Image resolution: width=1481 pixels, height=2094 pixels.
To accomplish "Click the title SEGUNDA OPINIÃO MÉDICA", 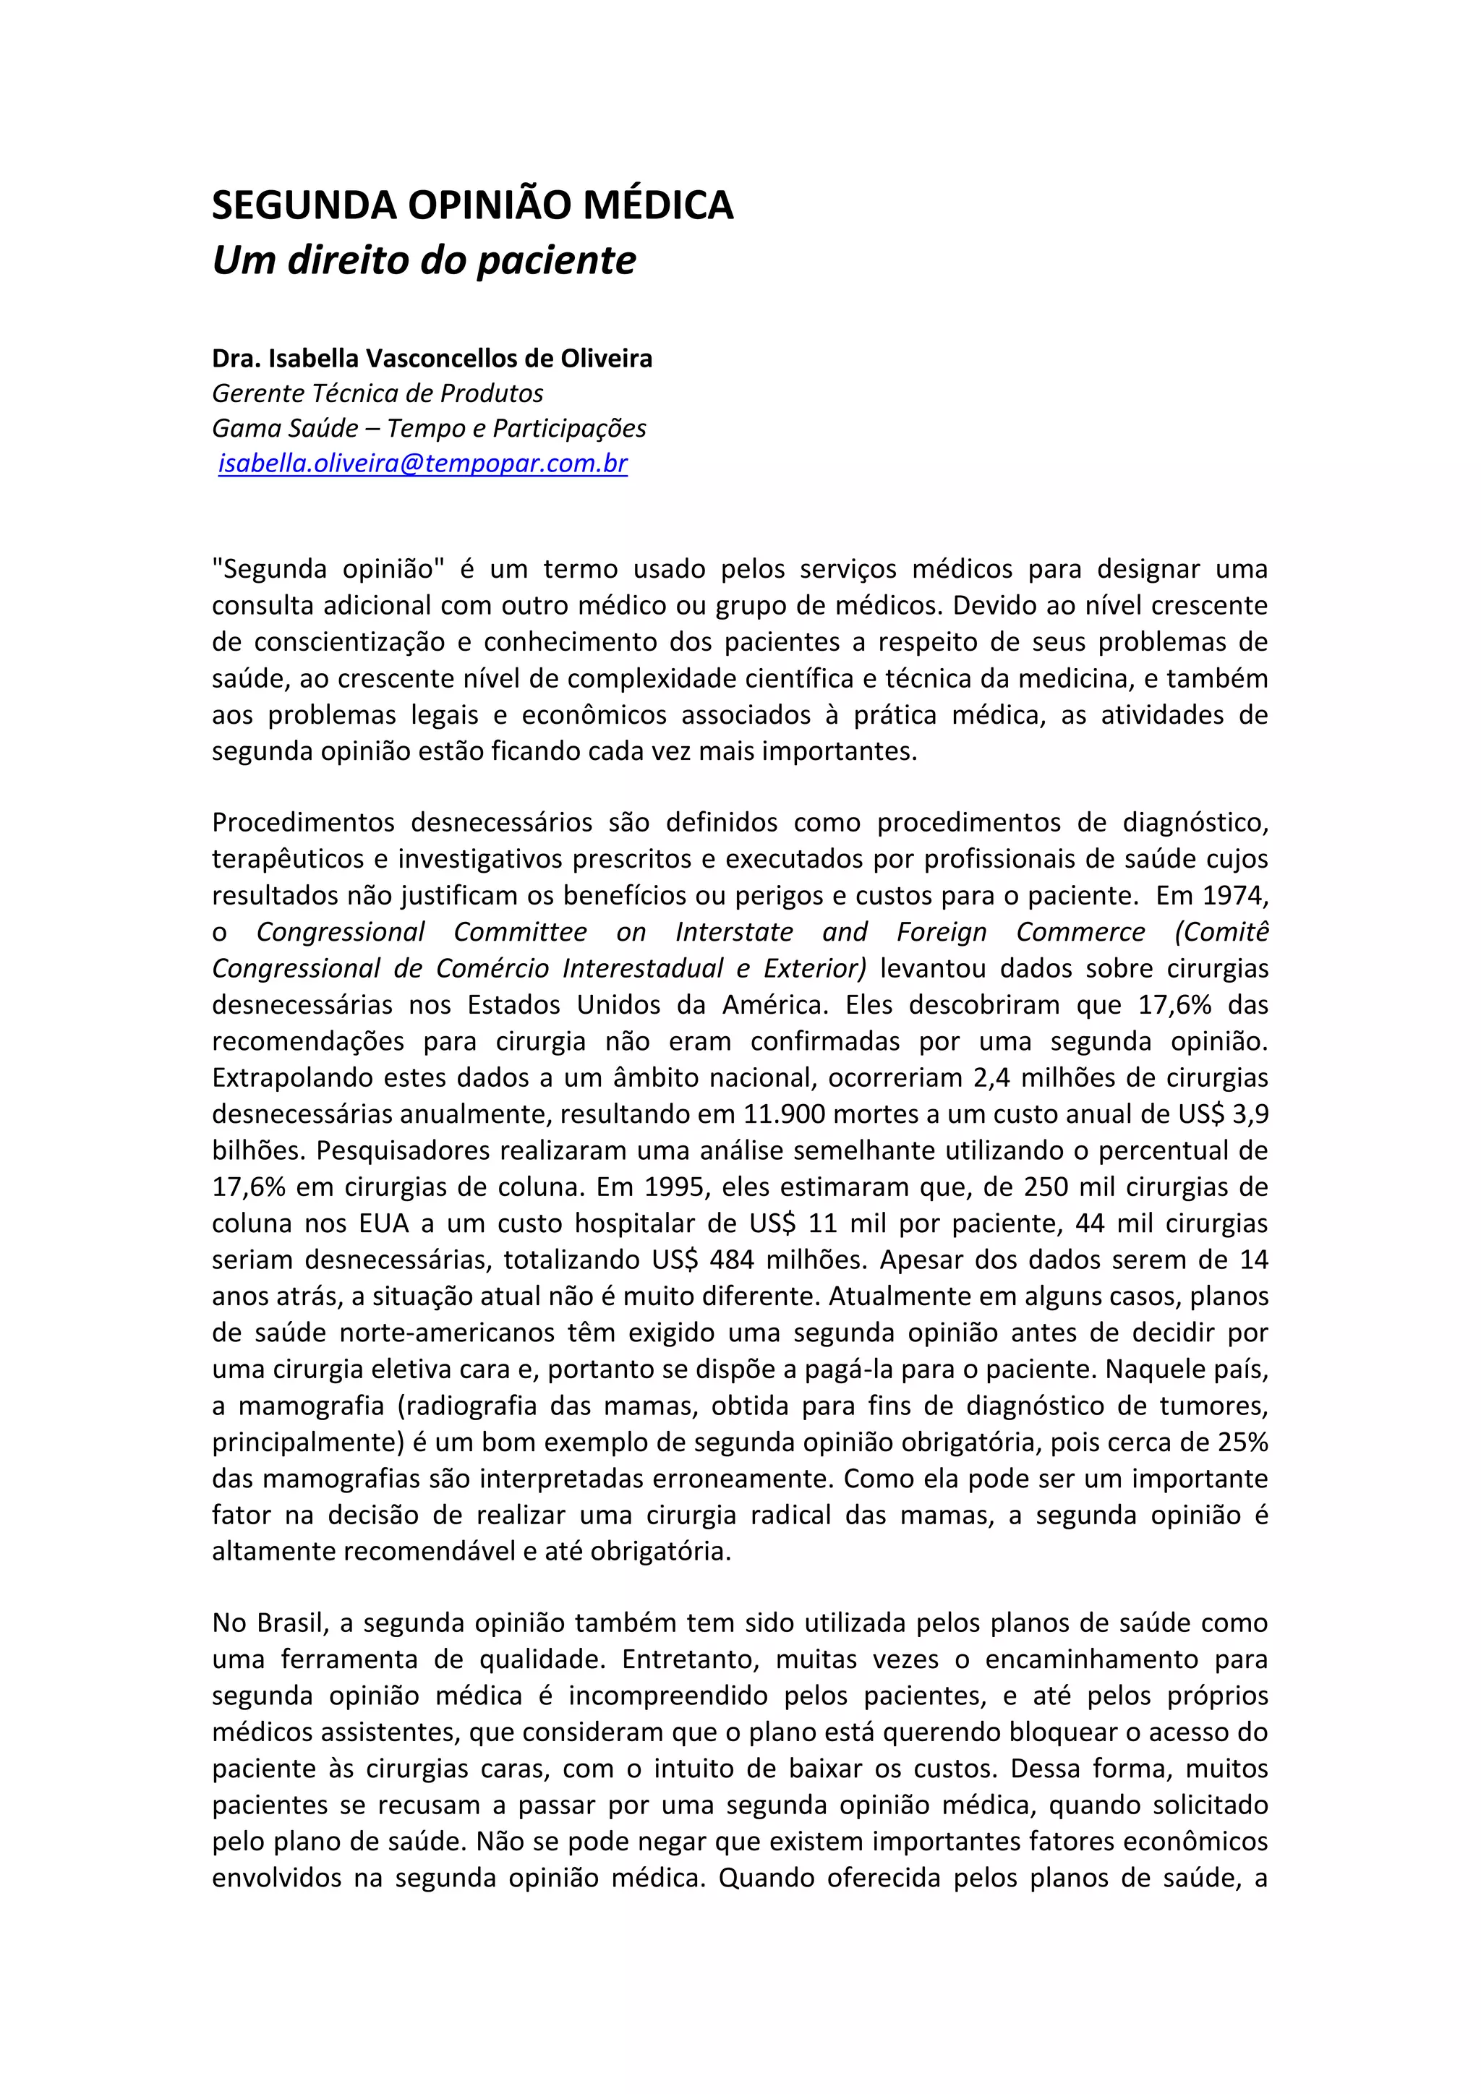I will pos(472,205).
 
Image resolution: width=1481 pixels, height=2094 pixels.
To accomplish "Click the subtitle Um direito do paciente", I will pos(424,261).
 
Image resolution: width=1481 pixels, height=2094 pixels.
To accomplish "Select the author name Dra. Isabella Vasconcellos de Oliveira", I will pos(432,359).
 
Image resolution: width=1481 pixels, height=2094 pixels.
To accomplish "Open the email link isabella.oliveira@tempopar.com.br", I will pos(423,463).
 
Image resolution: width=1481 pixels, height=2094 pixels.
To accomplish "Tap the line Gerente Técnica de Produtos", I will pos(377,393).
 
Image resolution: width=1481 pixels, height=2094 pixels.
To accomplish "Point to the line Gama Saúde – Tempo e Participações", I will pos(430,428).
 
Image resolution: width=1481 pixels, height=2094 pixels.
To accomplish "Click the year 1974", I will pos(1236,896).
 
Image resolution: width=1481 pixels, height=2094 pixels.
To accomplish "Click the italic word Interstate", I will pos(734,932).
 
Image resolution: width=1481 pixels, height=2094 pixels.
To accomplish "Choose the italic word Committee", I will pos(521,932).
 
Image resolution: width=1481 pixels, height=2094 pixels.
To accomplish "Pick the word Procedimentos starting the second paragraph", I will pos(304,823).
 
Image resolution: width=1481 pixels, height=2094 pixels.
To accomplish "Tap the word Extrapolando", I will pos(290,1078).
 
